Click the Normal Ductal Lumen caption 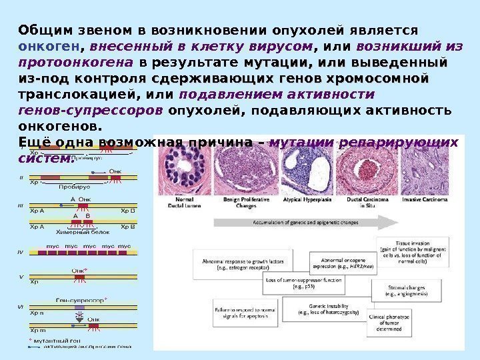[190, 202]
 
